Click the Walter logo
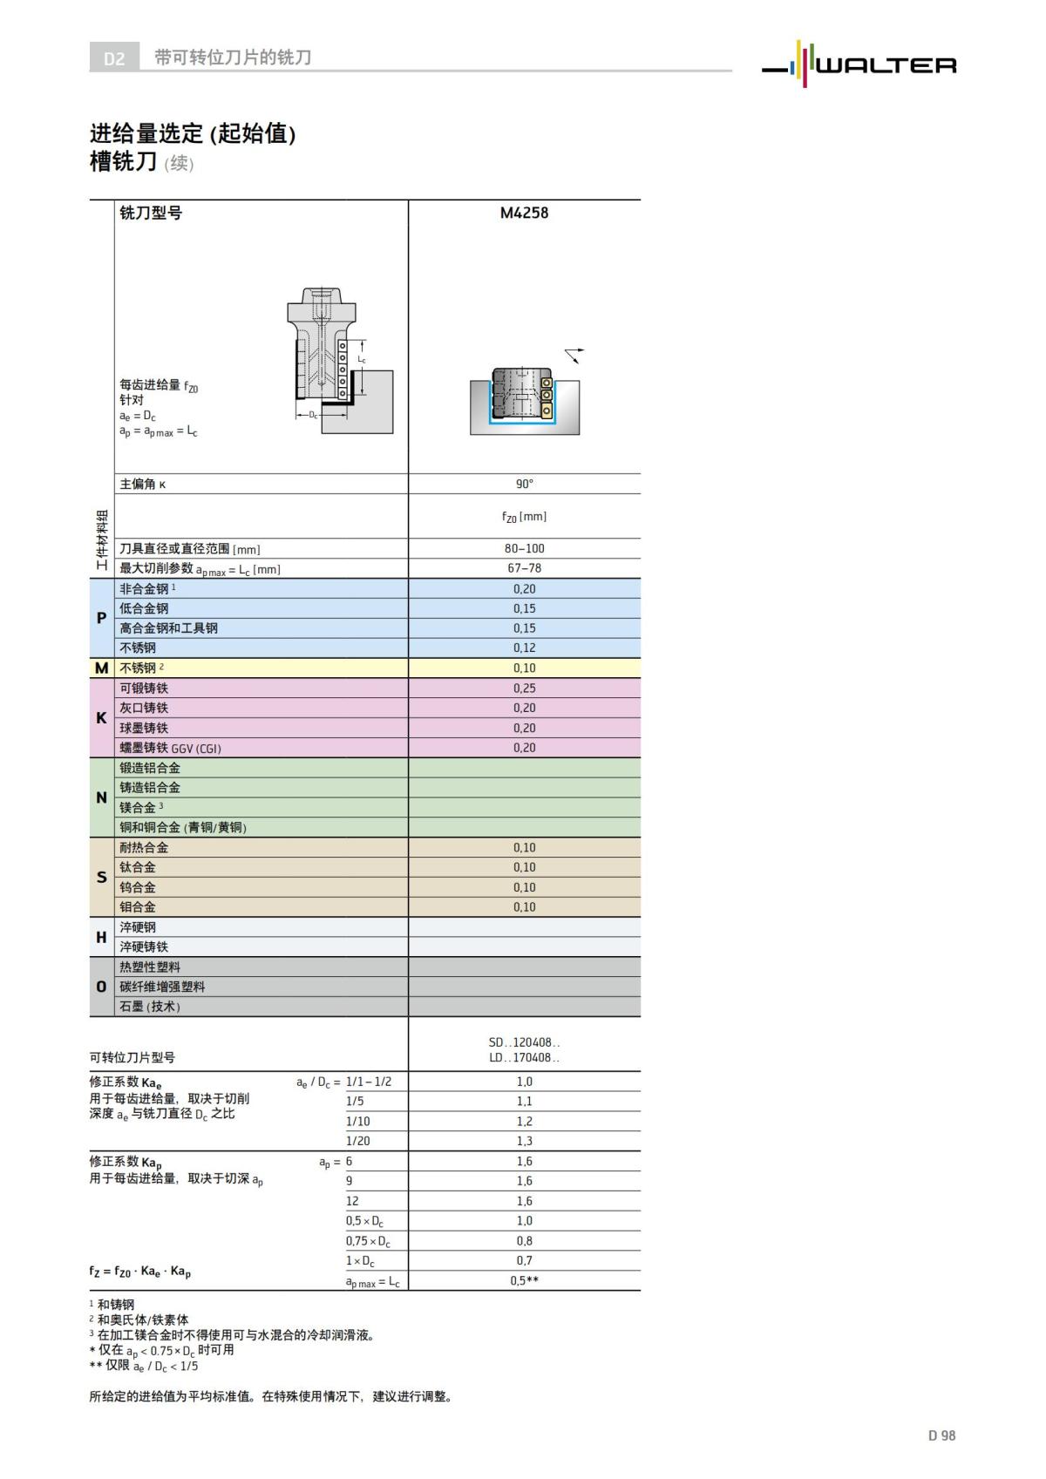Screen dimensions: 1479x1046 point(859,64)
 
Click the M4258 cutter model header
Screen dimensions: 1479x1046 point(524,213)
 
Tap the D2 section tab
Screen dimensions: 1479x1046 point(114,58)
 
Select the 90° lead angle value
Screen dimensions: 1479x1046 point(524,484)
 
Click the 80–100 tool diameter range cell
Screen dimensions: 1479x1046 point(524,548)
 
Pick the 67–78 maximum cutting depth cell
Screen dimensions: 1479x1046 point(524,568)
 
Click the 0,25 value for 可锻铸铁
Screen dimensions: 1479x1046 point(524,689)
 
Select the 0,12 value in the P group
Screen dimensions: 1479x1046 point(524,648)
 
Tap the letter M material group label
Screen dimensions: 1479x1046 point(101,668)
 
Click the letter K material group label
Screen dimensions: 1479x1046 point(101,718)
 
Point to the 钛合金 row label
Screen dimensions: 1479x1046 point(138,867)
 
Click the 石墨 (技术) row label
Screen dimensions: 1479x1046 point(150,1007)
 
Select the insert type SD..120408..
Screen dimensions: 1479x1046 point(524,1042)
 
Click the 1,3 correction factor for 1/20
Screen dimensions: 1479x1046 point(524,1141)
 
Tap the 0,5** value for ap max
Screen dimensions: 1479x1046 point(524,1281)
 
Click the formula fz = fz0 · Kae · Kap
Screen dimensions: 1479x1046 point(139,1272)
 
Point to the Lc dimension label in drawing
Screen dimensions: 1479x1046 point(362,359)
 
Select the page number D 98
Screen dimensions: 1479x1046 point(941,1435)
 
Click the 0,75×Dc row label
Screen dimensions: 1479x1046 point(368,1241)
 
